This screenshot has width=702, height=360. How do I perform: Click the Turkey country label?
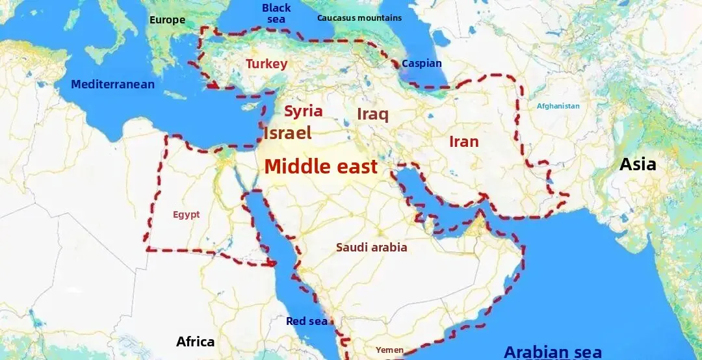(266, 64)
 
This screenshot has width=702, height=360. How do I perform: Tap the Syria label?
(303, 111)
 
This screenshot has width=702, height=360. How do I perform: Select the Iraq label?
(372, 115)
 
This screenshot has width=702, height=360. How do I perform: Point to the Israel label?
(287, 133)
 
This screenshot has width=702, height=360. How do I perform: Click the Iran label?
(463, 142)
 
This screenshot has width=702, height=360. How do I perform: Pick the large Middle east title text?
(320, 166)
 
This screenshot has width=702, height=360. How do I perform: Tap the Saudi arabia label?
(371, 248)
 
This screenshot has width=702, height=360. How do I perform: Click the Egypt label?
(186, 215)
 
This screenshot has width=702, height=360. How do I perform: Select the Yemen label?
(389, 350)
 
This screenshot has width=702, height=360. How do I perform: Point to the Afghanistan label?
(558, 106)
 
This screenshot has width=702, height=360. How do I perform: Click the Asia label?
(638, 164)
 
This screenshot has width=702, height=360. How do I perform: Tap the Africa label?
(195, 342)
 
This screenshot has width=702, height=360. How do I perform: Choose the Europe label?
(167, 20)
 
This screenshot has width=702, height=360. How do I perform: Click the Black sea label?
(276, 13)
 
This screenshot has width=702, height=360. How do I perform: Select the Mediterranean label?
(112, 84)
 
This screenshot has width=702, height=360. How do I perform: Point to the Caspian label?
(421, 64)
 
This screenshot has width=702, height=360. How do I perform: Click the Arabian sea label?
(552, 352)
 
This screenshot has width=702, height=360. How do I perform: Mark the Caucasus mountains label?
(359, 18)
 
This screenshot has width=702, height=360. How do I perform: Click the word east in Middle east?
(352, 166)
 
